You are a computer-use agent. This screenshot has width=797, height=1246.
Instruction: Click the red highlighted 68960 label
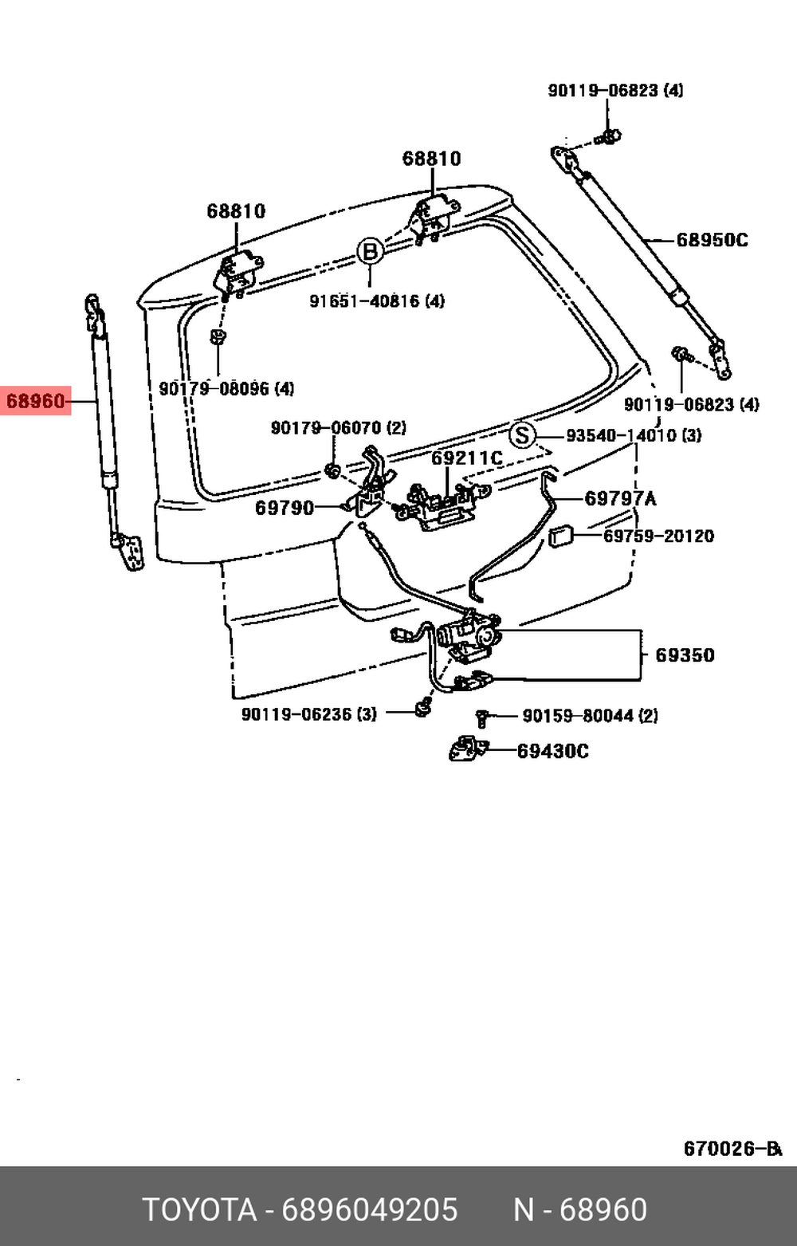pyautogui.click(x=36, y=401)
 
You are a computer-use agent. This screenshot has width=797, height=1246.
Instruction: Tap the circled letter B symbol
pyautogui.click(x=369, y=252)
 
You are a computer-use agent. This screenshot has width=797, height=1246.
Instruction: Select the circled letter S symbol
pyautogui.click(x=522, y=435)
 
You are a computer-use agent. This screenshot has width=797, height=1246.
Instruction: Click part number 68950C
pyautogui.click(x=712, y=240)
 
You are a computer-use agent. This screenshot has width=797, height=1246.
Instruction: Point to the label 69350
pyautogui.click(x=685, y=655)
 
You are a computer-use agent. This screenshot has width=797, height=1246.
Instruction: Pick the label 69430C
pyautogui.click(x=552, y=751)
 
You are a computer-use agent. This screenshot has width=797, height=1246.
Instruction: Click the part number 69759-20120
pyautogui.click(x=658, y=536)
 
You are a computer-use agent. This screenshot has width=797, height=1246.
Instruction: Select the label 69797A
pyautogui.click(x=620, y=499)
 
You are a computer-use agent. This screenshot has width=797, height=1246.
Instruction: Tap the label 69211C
pyautogui.click(x=467, y=458)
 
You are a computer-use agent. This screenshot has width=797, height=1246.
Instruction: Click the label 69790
pyautogui.click(x=285, y=508)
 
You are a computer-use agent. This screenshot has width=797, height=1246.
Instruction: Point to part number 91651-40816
pyautogui.click(x=377, y=301)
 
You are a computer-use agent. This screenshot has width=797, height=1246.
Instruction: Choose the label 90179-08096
pyautogui.click(x=226, y=389)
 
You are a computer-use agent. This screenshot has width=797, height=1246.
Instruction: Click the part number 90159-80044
pyautogui.click(x=590, y=716)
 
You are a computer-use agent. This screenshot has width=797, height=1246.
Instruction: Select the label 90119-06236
pyautogui.click(x=308, y=714)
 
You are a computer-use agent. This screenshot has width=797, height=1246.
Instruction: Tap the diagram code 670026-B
pyautogui.click(x=732, y=1149)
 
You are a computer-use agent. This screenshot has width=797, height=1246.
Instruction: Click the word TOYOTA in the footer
pyautogui.click(x=199, y=1210)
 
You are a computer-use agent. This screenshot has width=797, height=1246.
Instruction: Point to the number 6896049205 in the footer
pyautogui.click(x=370, y=1210)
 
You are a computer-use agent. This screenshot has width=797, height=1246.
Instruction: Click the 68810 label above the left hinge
pyautogui.click(x=236, y=211)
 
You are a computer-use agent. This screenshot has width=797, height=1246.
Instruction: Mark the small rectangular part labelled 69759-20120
pyautogui.click(x=561, y=536)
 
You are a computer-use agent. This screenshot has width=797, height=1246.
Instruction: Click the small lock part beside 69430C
pyautogui.click(x=468, y=749)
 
